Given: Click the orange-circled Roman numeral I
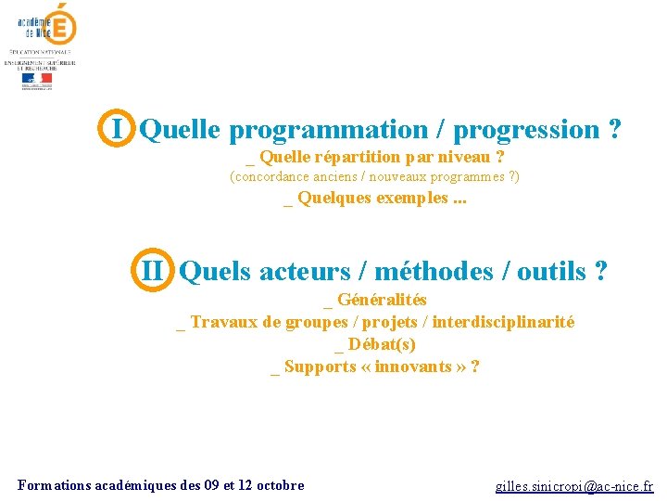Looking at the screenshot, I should point(118,128).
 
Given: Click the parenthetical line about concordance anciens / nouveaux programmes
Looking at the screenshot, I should point(374,176).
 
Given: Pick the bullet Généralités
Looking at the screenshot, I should point(381,300).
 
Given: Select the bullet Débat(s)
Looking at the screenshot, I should point(381,344).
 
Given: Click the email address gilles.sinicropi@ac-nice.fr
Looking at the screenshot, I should point(573,485).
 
